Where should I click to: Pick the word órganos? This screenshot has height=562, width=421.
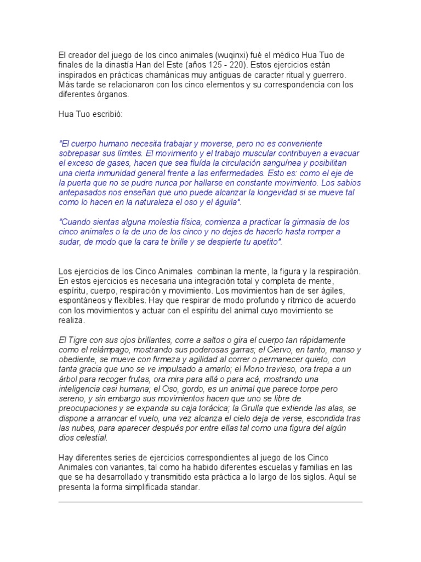pos(112,94)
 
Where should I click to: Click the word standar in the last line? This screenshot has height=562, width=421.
pos(186,487)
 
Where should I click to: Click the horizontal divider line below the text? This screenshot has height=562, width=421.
pos(210,502)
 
